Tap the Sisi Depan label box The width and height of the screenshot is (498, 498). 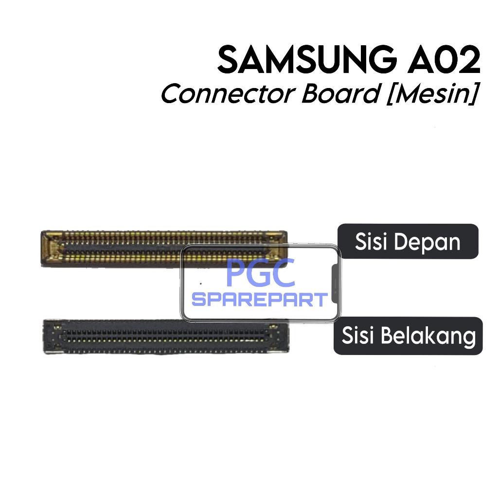tap(408, 241)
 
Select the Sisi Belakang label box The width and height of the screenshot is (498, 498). tap(408, 336)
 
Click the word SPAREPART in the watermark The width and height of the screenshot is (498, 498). tap(260, 300)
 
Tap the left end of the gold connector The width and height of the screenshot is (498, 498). tap(51, 249)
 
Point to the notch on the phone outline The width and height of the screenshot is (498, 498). tap(335, 282)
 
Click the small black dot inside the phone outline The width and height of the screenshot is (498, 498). tap(201, 283)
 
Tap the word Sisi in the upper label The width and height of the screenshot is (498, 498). tap(370, 242)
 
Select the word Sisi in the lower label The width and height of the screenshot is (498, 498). tap(357, 336)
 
